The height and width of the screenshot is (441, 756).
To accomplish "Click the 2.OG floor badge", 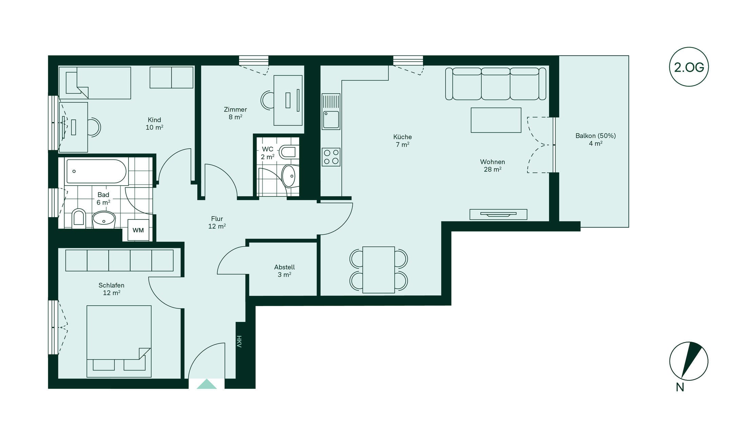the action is pos(689,67).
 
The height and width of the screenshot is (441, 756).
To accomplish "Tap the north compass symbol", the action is pos(689,361).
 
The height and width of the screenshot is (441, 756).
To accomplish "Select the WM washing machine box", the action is pos(138,230).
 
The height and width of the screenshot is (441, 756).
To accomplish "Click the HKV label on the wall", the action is pos(239,342).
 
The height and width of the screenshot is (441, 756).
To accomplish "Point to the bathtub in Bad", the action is pos(97,171).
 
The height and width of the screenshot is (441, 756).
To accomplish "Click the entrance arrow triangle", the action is pos(207,384).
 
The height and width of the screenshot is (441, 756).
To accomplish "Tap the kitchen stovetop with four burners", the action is pos(331,157).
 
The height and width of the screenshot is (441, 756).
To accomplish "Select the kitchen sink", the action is pos(331,112).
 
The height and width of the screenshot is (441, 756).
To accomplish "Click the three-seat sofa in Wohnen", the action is pos(496,84).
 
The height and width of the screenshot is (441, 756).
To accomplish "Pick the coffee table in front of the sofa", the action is pos(496,120).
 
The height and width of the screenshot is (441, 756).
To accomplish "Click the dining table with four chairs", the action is pos(379,270).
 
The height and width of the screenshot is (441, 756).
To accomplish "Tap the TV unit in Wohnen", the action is pos(498,214).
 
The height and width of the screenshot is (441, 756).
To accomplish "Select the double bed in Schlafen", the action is pos(119,341).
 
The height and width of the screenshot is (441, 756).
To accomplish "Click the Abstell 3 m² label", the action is pos(285,271).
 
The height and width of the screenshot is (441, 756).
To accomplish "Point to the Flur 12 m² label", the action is pos(217,223).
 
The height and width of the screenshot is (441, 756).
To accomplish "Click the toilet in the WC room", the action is pos(289,152).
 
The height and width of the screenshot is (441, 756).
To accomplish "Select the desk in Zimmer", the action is pos(288,100).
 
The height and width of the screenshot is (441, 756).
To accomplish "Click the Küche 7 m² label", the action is pos(403,140).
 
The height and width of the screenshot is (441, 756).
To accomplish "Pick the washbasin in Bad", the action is pos(104,219).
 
